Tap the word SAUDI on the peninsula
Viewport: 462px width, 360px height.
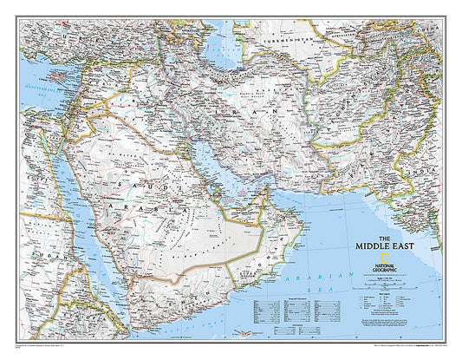[x=130, y=187]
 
